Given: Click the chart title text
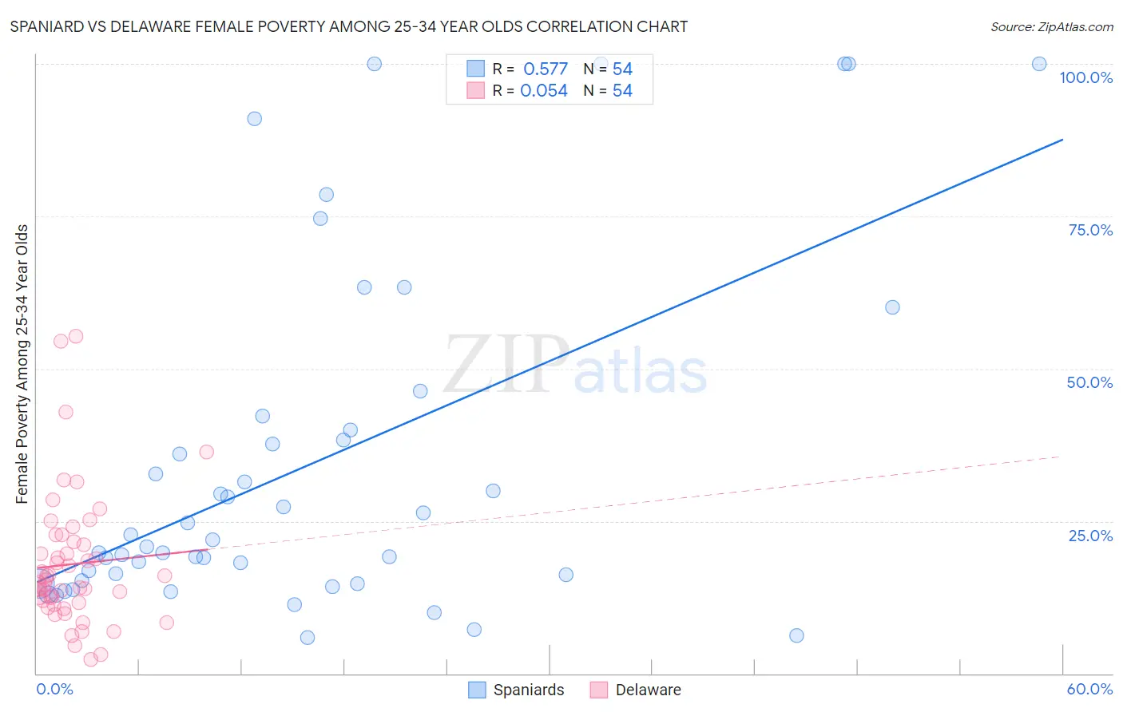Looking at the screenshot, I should (x=348, y=26).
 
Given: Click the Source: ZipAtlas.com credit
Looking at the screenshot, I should (x=1051, y=26).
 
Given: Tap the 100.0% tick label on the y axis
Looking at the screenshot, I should (x=1085, y=77).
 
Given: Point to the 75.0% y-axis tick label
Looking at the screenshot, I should (x=1090, y=230).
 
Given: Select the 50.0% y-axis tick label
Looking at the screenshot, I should (x=1089, y=382).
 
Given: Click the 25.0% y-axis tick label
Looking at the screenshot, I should (x=1090, y=535).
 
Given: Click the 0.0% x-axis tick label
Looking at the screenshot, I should (x=54, y=689).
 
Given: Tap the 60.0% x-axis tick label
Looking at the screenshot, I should (x=1089, y=689).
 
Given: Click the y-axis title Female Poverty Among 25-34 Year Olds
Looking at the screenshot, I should (x=22, y=364).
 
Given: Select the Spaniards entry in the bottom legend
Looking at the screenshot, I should (x=528, y=690).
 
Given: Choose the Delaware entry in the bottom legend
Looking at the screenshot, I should (x=648, y=690).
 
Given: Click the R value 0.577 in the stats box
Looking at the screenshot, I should (x=546, y=69).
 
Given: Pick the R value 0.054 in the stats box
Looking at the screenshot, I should (x=544, y=91).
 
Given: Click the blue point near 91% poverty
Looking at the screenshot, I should (x=254, y=119).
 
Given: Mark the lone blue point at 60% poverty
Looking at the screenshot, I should (x=892, y=307).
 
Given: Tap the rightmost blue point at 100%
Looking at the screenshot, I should (x=1039, y=64).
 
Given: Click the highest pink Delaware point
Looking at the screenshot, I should (x=76, y=336).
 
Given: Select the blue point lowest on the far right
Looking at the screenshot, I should (x=796, y=635).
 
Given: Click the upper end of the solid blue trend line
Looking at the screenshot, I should (x=1062, y=140).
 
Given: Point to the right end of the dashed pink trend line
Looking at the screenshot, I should (x=1059, y=457).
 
